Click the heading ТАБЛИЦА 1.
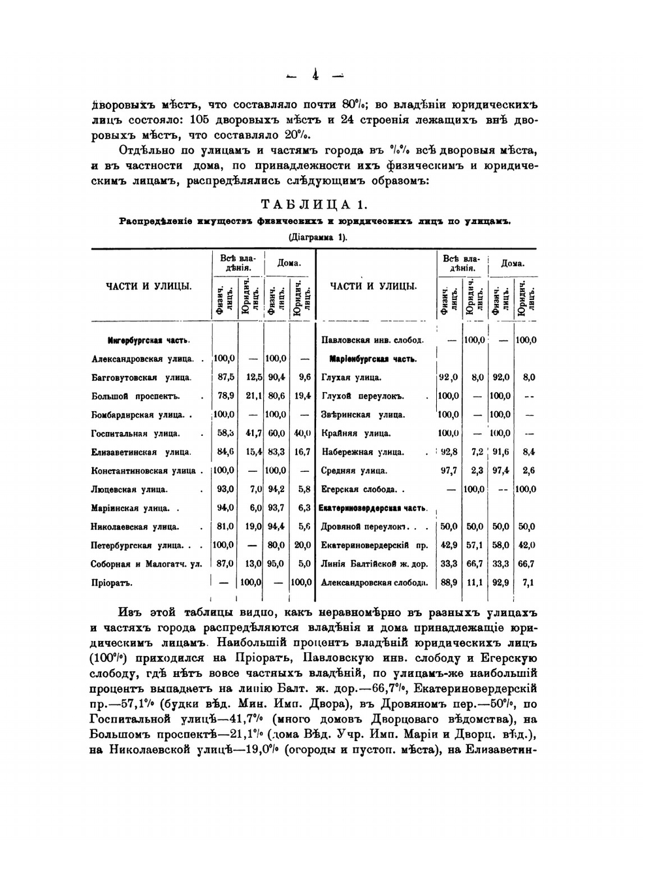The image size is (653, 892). point(314,205)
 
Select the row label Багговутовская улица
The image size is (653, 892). point(142,377)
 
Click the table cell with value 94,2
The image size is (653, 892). point(276,489)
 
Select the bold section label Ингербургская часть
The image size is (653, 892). point(149,340)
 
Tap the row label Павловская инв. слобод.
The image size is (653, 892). point(372,340)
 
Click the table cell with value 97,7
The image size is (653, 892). point(449,471)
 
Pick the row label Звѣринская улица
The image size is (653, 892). point(362,414)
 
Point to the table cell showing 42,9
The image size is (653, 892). point(449,545)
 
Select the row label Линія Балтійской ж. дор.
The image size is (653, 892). point(374,564)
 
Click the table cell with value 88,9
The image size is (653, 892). point(449,583)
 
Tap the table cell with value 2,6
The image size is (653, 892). point(528,471)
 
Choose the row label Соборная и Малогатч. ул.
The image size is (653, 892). point(147,564)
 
